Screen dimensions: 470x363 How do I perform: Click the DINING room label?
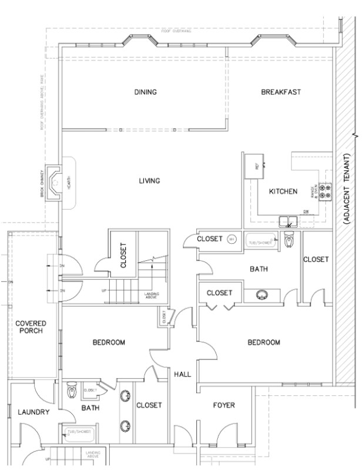pyautogui.click(x=145, y=92)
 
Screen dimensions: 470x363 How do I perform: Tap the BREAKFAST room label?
pyautogui.click(x=281, y=92)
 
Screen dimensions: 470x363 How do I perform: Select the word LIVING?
pyautogui.click(x=149, y=180)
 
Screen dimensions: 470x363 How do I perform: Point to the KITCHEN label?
pyautogui.click(x=283, y=192)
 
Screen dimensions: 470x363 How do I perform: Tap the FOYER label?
pyautogui.click(x=223, y=405)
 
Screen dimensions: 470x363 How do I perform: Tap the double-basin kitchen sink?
pyautogui.click(x=288, y=221)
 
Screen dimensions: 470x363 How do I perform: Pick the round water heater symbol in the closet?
pyautogui.click(x=231, y=239)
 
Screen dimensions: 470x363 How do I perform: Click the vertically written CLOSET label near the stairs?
pyautogui.click(x=123, y=256)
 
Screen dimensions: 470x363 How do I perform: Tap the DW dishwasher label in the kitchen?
pyautogui.click(x=306, y=211)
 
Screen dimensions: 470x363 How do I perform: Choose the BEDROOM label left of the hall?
pyautogui.click(x=109, y=343)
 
